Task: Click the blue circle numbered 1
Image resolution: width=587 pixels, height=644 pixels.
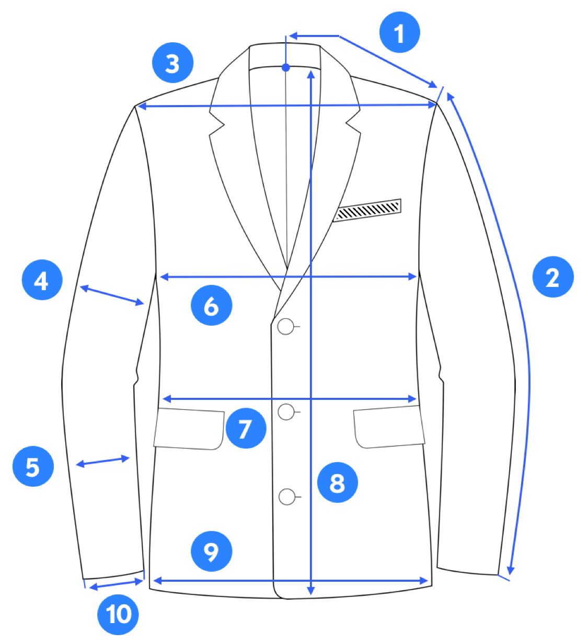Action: click(x=399, y=32)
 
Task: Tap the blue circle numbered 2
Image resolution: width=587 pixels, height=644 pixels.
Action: click(x=553, y=277)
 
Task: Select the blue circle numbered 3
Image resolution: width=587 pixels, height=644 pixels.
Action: click(x=173, y=63)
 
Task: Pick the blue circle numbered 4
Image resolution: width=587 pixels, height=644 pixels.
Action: click(x=42, y=280)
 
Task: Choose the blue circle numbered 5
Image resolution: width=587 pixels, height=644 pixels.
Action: click(x=33, y=466)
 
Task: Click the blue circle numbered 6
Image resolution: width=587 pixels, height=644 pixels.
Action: click(x=211, y=305)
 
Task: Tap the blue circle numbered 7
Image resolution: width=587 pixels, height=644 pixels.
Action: click(x=246, y=428)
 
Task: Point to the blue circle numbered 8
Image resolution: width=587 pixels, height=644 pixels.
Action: click(x=338, y=482)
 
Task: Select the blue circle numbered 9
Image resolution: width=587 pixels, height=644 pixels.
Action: click(x=211, y=551)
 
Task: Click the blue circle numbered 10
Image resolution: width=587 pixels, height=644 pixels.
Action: click(x=118, y=614)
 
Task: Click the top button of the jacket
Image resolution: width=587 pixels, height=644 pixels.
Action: click(x=286, y=327)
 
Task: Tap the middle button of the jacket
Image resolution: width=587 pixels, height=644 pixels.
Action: click(x=286, y=412)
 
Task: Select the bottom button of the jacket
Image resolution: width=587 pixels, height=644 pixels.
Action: click(x=287, y=497)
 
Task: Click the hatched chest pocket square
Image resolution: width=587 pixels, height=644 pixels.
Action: click(x=367, y=210)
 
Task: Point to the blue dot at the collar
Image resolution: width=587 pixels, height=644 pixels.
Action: click(x=286, y=68)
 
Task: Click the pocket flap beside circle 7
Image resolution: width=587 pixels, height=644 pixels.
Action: click(x=189, y=429)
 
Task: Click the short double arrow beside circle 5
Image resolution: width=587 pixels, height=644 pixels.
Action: click(x=103, y=462)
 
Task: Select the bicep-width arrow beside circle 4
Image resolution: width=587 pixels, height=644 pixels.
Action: click(x=112, y=295)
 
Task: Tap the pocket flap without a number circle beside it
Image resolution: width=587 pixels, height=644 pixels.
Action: click(x=389, y=427)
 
